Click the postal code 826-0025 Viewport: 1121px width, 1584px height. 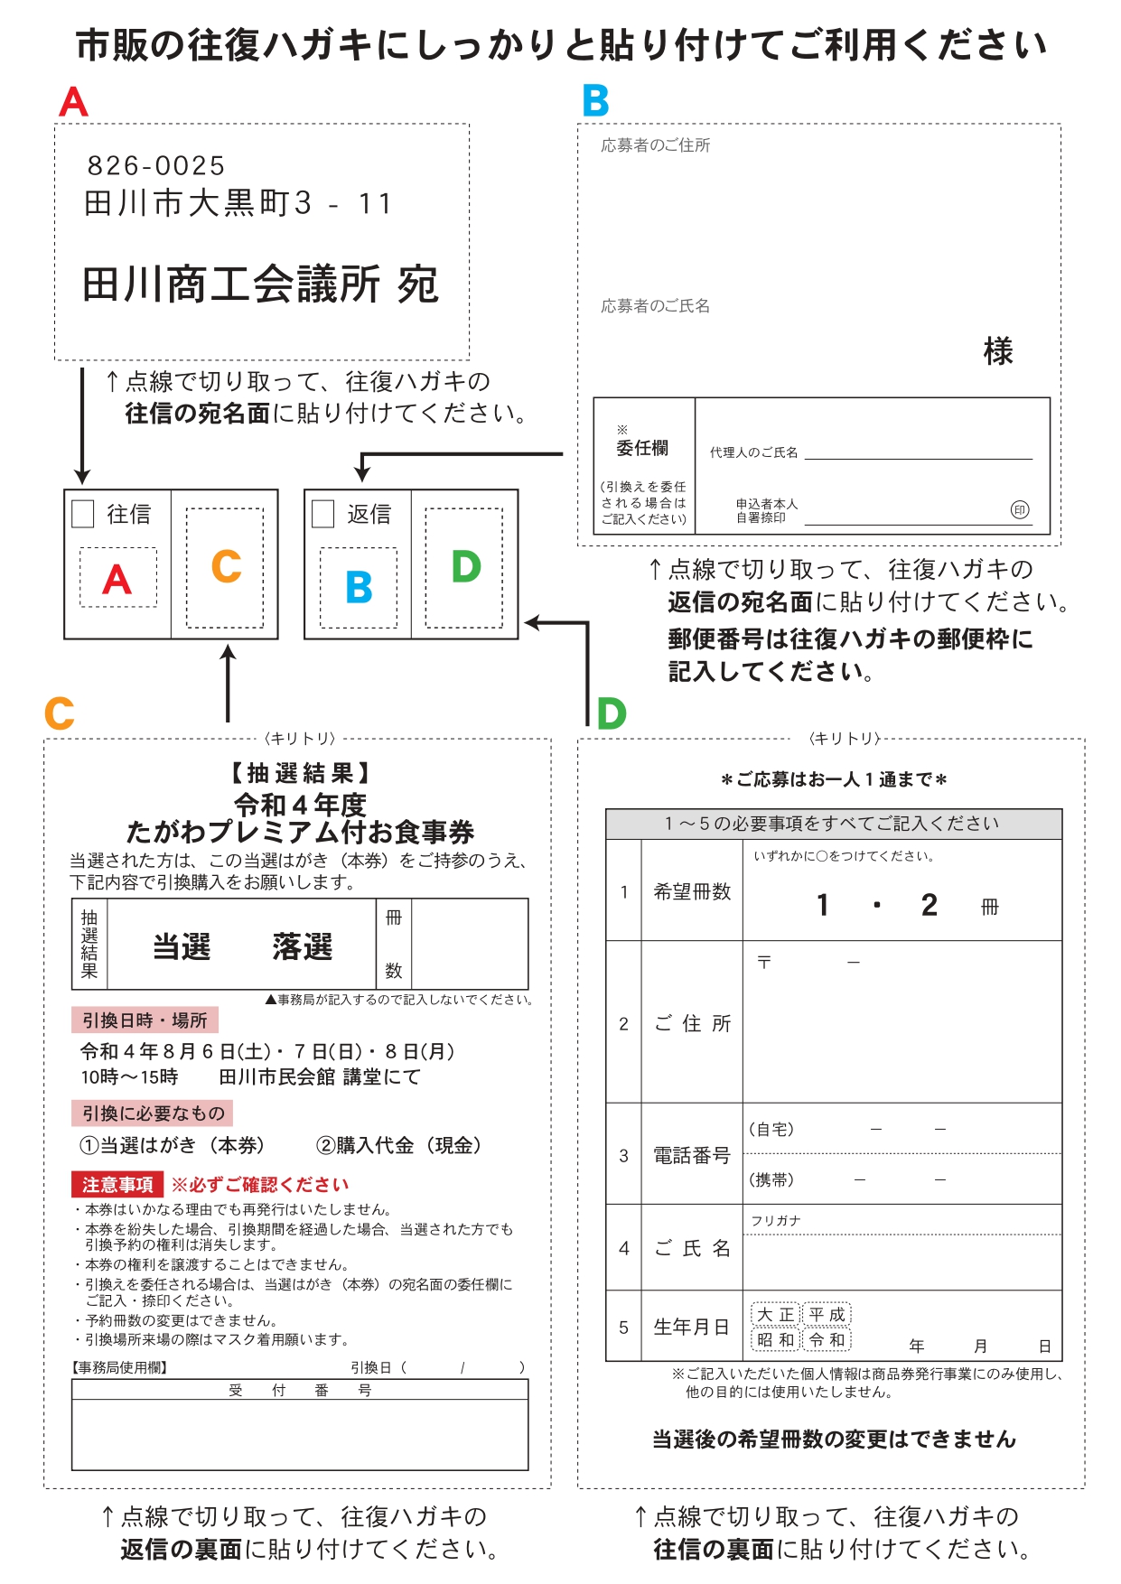(155, 166)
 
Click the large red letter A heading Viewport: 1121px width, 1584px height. (73, 101)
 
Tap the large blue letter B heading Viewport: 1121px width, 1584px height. (595, 101)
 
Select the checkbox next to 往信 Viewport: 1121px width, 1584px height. (83, 514)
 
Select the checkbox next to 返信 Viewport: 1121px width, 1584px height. (322, 514)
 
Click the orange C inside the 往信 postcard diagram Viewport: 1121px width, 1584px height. (226, 567)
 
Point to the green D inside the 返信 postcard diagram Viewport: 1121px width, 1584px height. (465, 567)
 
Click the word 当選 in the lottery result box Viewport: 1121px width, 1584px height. (182, 946)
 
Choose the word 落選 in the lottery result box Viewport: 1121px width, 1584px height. (303, 946)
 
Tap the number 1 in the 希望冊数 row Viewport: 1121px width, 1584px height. (822, 905)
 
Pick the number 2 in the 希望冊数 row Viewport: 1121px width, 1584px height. (929, 905)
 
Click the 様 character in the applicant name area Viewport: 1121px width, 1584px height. (998, 351)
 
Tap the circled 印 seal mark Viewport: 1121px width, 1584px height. (1019, 510)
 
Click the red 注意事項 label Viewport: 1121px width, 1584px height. (117, 1184)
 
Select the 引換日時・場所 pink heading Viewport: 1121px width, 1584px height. (145, 1020)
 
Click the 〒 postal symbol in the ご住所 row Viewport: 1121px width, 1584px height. (764, 963)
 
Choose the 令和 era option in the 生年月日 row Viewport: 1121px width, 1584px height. (827, 1340)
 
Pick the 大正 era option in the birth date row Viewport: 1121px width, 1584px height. (775, 1315)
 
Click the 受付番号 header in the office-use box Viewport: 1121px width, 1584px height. (300, 1391)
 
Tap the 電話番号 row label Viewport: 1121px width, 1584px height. (692, 1155)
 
